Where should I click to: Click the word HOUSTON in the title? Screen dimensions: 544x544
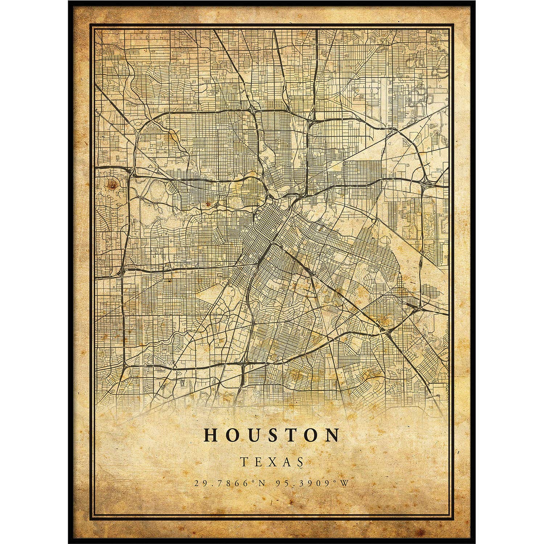pos(272,435)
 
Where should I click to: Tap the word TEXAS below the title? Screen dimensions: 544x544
pos(272,461)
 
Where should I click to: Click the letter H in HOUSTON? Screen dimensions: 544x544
pos(212,435)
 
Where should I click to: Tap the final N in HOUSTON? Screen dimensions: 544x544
pos(331,435)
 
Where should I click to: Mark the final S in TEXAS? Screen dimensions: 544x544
pos(299,461)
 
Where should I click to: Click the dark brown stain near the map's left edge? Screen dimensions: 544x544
pos(113,185)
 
